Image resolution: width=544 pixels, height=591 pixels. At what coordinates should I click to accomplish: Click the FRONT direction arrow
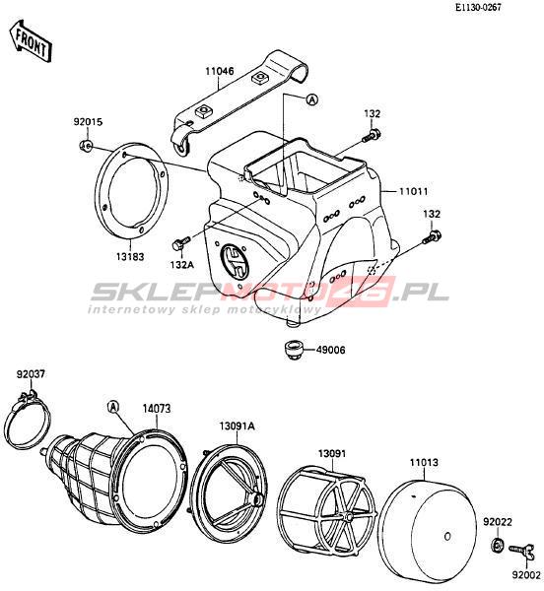point(31,41)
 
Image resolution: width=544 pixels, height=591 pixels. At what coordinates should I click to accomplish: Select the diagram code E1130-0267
point(478,8)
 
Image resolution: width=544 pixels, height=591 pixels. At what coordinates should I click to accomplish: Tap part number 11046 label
point(220,71)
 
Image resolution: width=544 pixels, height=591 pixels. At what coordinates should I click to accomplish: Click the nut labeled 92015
point(86,145)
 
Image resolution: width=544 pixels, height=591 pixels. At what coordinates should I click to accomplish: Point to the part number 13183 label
point(130,257)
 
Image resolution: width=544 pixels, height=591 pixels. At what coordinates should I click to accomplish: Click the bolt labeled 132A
point(181,243)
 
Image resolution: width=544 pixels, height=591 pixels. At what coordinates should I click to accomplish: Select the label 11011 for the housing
point(414,191)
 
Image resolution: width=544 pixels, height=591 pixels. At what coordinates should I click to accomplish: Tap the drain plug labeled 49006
point(293,350)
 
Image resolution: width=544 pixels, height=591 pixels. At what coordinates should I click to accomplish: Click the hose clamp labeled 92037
point(29,420)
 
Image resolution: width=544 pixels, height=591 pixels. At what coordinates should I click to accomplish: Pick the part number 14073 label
point(157,409)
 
